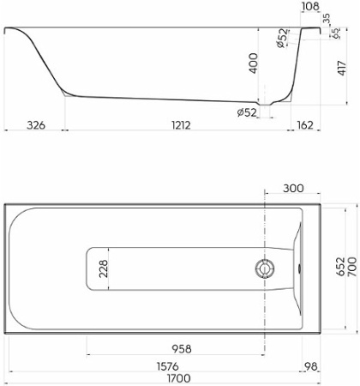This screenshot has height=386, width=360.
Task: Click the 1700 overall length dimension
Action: [179, 377]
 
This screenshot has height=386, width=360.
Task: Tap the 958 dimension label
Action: [180, 349]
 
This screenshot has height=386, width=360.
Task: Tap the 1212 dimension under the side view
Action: [180, 125]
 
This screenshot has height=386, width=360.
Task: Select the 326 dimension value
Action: [36, 125]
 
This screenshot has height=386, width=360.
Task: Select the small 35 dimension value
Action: [327, 17]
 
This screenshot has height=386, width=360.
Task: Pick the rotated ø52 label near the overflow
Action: [281, 40]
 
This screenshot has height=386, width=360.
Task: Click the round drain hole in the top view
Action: [265, 268]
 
